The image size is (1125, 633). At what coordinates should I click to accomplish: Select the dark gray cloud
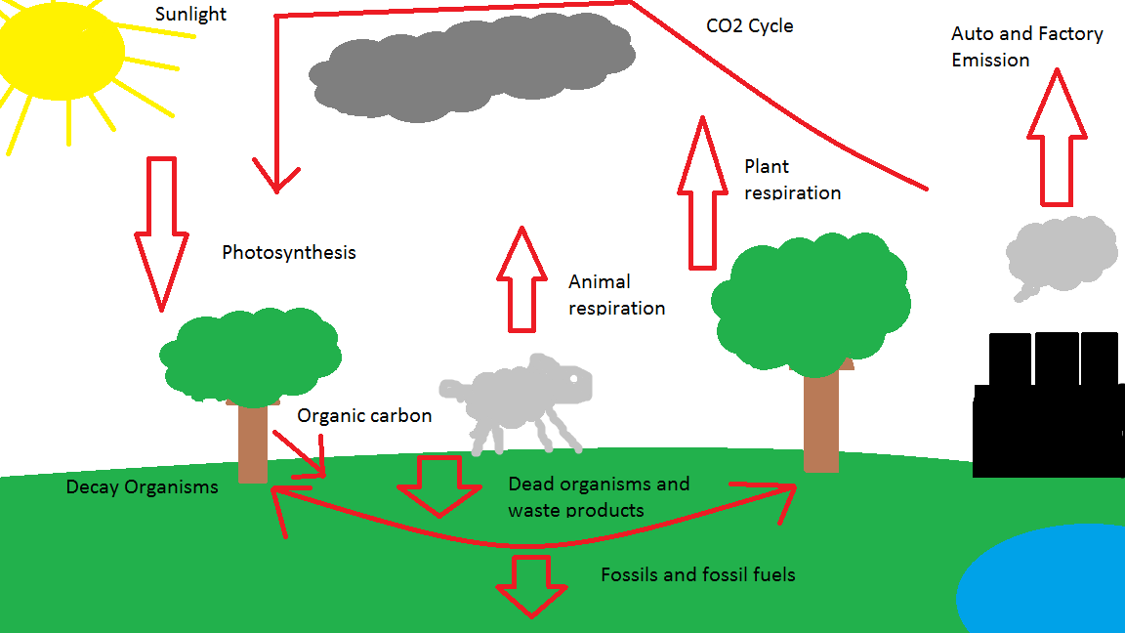coord(469,68)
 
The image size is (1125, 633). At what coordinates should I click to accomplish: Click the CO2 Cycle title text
coord(749,26)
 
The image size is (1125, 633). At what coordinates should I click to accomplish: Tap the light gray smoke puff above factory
coord(1061,254)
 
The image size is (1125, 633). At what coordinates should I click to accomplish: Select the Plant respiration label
coord(791,180)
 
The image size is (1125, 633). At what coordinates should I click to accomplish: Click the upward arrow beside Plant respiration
coord(703,195)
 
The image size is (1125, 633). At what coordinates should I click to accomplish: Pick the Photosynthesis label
coord(288,253)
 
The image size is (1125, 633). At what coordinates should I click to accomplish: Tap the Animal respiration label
coord(616,295)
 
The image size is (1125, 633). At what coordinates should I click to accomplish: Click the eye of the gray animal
coord(575,377)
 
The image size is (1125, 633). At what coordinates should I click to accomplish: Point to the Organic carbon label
coord(364,415)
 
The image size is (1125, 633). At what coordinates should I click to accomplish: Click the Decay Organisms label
coord(142,486)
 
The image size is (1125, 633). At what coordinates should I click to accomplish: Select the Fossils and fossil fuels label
coord(697,574)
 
